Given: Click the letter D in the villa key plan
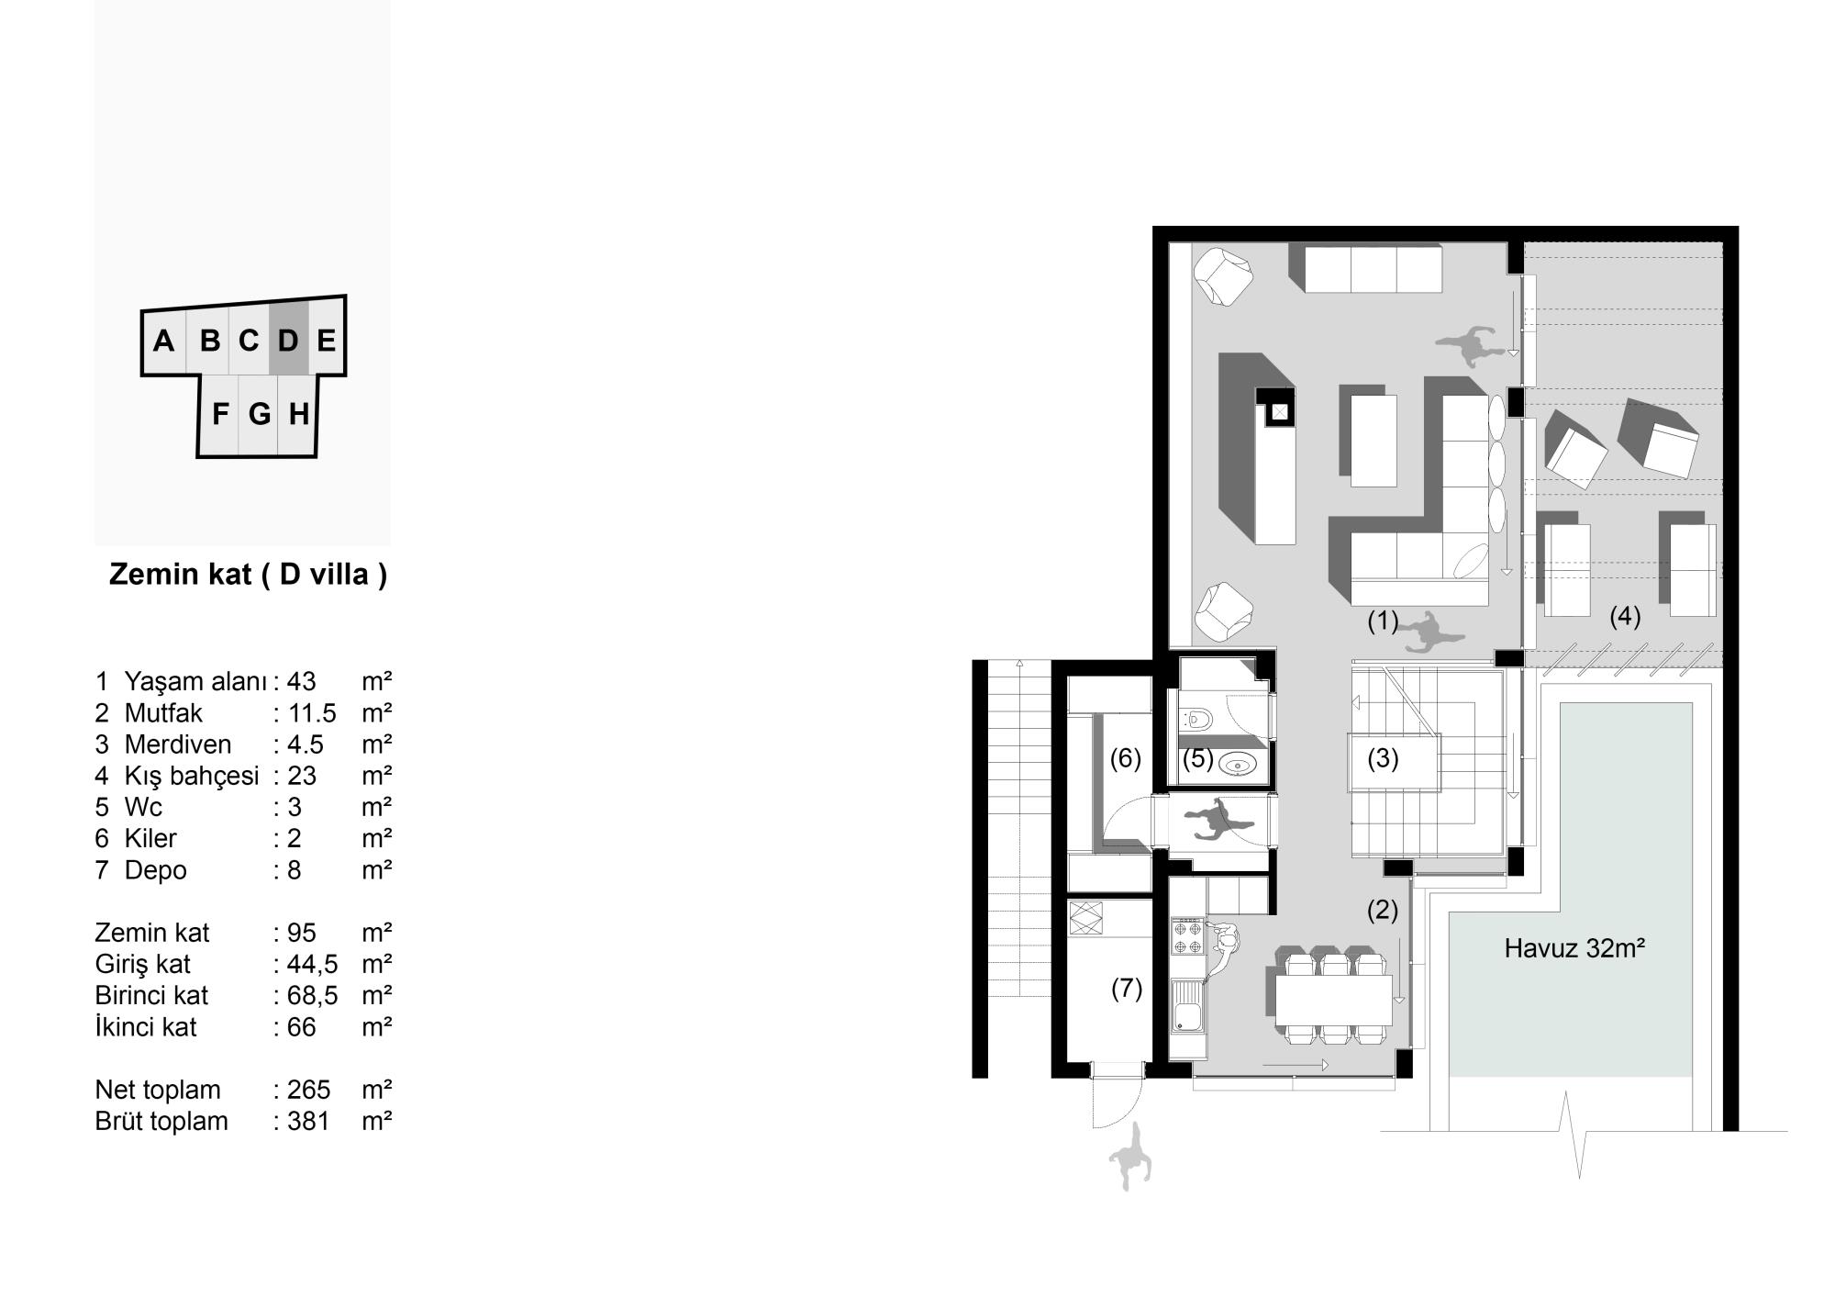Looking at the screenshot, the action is point(288,341).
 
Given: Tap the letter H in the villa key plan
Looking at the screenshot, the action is point(298,415).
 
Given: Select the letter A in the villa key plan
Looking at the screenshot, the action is point(163,341).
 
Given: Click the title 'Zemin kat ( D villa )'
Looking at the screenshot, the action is point(248,575).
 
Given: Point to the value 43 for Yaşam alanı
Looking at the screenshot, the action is point(301,682).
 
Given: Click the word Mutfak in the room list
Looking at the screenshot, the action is point(163,713).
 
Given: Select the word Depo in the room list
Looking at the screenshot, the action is point(156,870).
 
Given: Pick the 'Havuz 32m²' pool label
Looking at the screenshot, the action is point(1574,948).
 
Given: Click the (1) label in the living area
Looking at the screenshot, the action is point(1383,621).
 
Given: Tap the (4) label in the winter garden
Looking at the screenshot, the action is point(1625,616).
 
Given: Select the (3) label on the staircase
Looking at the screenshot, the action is point(1383,759).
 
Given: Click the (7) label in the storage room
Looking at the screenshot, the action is point(1127,989).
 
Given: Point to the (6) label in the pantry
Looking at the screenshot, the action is point(1126,758).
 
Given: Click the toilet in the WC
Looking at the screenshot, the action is point(1196,718).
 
